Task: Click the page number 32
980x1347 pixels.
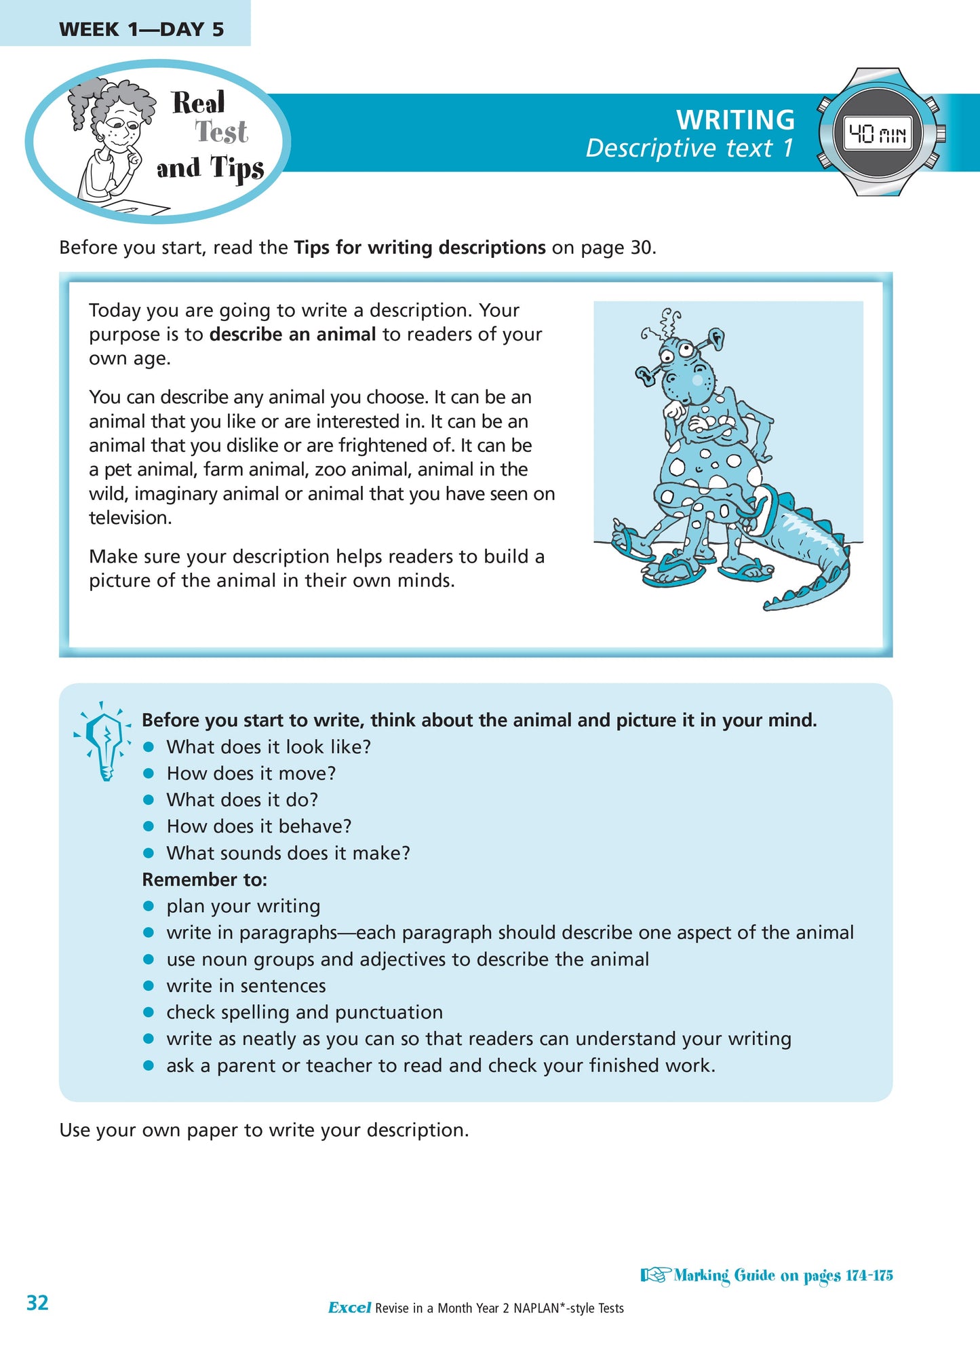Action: point(37,1302)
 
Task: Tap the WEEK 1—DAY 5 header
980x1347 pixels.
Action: point(141,29)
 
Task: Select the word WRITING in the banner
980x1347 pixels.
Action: point(735,119)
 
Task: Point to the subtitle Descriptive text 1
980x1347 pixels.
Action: point(689,148)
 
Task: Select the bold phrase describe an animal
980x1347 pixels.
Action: point(292,334)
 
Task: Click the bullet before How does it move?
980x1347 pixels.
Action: point(149,774)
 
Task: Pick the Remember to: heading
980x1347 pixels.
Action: point(204,879)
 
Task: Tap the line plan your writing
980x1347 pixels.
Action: point(243,906)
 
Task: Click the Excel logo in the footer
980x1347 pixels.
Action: point(349,1308)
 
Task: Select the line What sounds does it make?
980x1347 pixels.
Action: point(288,853)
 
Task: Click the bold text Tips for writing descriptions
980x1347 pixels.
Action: point(419,247)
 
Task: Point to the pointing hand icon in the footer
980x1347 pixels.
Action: point(655,1275)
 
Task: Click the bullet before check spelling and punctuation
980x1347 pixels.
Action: point(149,1012)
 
